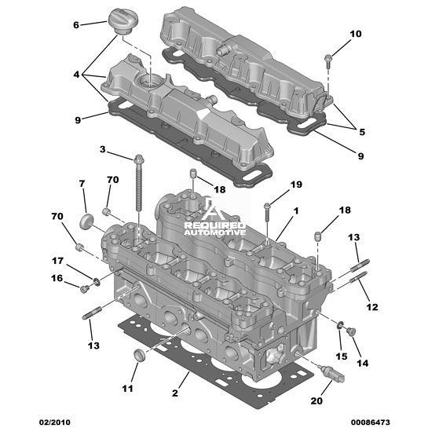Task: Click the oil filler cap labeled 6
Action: pos(123,21)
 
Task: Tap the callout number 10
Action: pos(356,34)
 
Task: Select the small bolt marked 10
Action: pos(327,61)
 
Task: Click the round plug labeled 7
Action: pos(86,221)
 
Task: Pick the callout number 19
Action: pos(296,185)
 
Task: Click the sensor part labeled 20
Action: pos(331,373)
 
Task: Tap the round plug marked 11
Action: pos(140,355)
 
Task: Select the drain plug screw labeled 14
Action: pos(351,331)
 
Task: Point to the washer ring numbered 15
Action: pos(340,325)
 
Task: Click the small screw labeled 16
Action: pos(84,289)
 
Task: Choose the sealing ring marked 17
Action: pos(97,282)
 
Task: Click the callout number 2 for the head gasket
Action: pos(175,393)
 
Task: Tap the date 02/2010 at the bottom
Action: pos(55,422)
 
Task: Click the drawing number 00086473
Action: pos(371,422)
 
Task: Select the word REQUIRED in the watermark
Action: pos(215,225)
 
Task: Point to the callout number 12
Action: pos(372,307)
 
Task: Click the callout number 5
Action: pos(362,132)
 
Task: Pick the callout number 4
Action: pos(76,75)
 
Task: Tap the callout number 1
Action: pos(296,210)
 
